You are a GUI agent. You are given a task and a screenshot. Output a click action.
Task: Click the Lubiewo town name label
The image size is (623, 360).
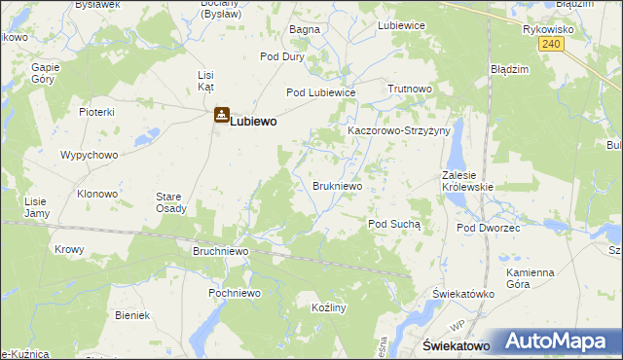[253, 123]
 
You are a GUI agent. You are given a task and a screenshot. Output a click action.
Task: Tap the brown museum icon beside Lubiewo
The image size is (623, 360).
[222, 116]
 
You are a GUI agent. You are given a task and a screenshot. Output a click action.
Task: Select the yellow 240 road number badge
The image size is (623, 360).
[552, 44]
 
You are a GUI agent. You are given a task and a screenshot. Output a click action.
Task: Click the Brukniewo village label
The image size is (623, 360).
[338, 185]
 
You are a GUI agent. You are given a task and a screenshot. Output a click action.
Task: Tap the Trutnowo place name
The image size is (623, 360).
[409, 89]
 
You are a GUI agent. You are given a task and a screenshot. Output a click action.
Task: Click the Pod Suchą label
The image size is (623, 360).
[393, 224]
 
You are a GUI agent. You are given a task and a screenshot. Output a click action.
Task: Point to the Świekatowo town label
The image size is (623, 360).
[455, 346]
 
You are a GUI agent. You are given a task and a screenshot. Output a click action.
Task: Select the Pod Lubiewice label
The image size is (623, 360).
[320, 92]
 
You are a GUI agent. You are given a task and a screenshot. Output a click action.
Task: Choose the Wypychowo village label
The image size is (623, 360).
[89, 156]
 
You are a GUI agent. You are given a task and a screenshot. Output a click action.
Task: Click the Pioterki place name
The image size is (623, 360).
[97, 112]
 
